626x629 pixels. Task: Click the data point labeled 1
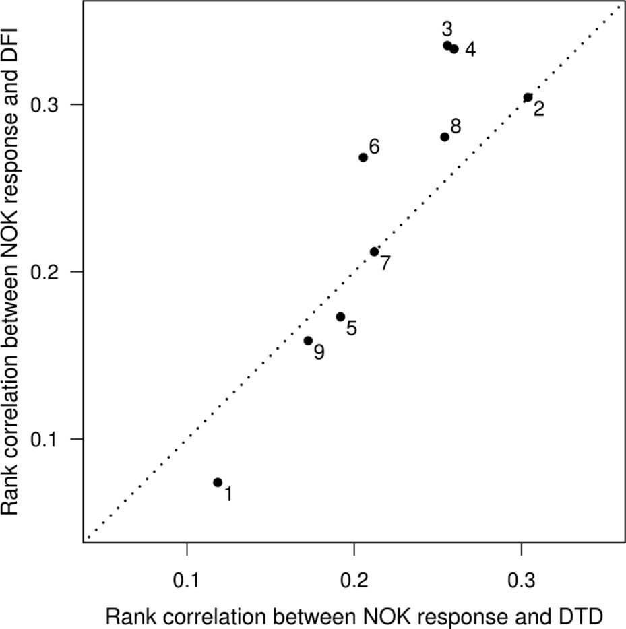[x=218, y=482]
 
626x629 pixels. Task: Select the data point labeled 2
[x=528, y=98]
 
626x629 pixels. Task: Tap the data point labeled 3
[x=447, y=46]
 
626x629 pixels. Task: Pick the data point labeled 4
[x=454, y=48]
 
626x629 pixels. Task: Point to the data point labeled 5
[x=340, y=317]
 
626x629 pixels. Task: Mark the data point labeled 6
[x=363, y=158]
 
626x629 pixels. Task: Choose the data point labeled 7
[x=375, y=252]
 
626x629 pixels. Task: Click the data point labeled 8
[x=445, y=137]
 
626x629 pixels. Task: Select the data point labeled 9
[x=308, y=341]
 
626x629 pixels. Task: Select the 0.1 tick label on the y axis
[x=48, y=439]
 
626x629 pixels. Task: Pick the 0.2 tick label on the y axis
[x=48, y=272]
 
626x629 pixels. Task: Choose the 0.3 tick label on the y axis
[x=48, y=105]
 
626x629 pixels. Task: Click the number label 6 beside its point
[x=375, y=146]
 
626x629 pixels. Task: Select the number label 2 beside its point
[x=539, y=109]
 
